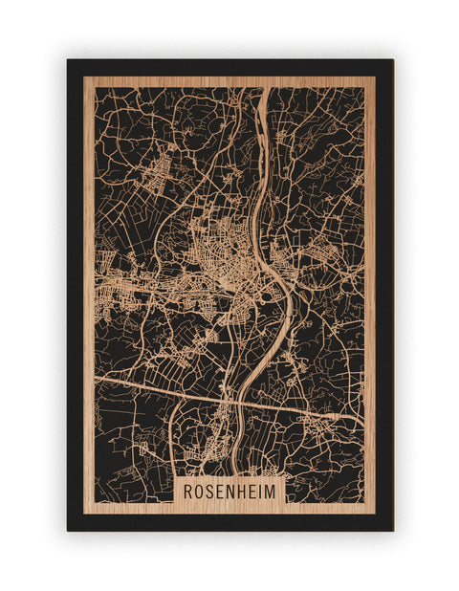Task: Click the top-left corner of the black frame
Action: (68, 60)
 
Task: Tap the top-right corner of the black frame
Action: (392, 60)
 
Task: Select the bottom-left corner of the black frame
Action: (68, 530)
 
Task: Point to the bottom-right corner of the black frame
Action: (392, 530)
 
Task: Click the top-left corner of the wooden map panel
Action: (84, 77)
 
